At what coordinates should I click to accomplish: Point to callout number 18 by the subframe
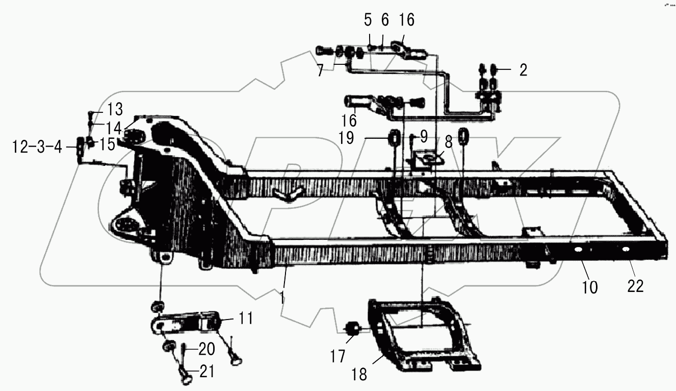pos(359,374)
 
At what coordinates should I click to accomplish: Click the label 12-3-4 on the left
pos(37,148)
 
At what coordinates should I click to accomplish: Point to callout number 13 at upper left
pos(115,108)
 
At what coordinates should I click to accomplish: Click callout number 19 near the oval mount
pos(346,138)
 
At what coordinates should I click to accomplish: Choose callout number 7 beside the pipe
pos(320,70)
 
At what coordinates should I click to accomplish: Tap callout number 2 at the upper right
pos(523,70)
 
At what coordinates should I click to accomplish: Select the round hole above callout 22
pos(626,250)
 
